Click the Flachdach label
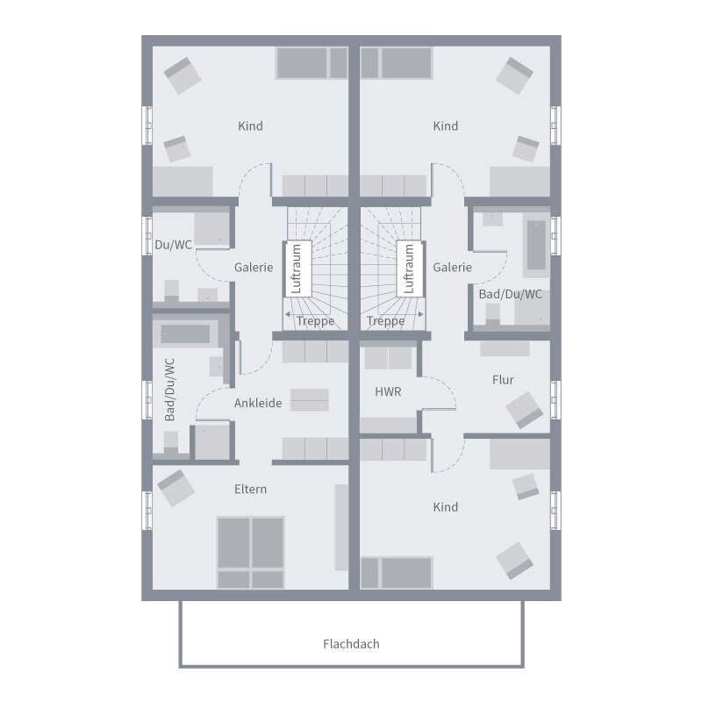(351, 644)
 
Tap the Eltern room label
(250, 489)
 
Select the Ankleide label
(258, 404)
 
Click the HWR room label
(388, 392)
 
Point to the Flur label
(503, 380)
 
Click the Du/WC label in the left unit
(173, 245)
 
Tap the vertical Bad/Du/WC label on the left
(170, 389)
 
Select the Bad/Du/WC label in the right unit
(510, 294)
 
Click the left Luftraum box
(297, 269)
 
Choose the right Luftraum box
(408, 269)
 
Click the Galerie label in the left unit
(254, 268)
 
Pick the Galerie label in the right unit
(453, 268)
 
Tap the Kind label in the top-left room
(250, 126)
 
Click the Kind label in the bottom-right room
(446, 507)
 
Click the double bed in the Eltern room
(251, 552)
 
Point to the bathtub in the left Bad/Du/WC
(185, 334)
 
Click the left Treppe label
(315, 321)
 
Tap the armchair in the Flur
(524, 410)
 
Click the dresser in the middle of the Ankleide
(311, 400)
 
